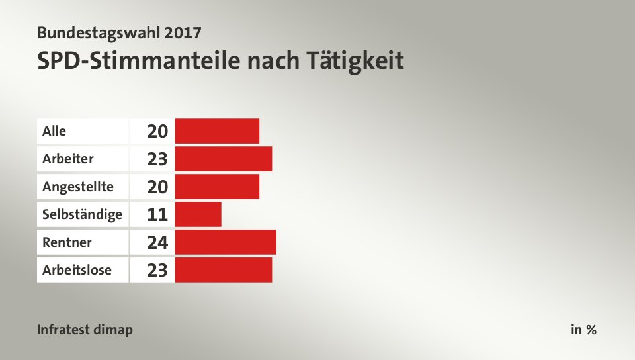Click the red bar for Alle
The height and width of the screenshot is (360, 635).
[217, 131]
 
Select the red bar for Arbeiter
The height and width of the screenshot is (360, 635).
[224, 159]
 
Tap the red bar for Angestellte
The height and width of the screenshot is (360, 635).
[217, 187]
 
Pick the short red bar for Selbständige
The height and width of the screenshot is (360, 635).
[198, 214]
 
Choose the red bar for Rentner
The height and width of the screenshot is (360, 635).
[226, 242]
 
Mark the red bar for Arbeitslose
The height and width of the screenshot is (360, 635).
[224, 270]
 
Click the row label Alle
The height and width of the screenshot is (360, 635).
[54, 131]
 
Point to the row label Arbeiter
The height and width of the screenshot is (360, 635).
[68, 159]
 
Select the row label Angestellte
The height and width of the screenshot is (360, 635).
[77, 187]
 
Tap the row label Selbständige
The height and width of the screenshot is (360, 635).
[82, 214]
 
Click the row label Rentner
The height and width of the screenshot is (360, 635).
[67, 242]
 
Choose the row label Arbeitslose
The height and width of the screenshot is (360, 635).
[77, 270]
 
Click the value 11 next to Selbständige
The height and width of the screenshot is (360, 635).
[157, 214]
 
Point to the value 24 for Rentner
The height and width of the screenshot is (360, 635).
[157, 242]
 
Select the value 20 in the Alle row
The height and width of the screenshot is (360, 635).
[157, 131]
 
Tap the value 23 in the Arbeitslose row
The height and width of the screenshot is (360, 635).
[157, 270]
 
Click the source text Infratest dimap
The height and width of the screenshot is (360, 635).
[85, 330]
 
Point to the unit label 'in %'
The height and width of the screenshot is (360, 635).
[583, 330]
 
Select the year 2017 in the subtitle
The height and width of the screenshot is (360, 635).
[180, 31]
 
